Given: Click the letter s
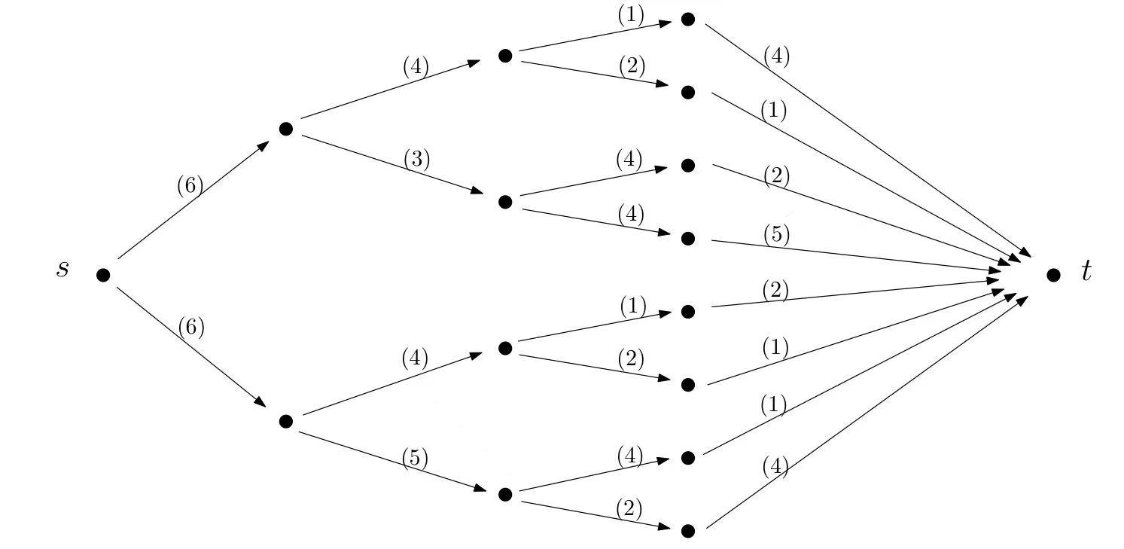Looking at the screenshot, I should tap(62, 269).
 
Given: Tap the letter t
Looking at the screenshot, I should tap(1086, 270).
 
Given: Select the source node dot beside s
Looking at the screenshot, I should tap(103, 275).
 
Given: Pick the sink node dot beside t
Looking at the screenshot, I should tap(1053, 275).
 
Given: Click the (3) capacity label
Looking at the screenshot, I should tap(416, 160).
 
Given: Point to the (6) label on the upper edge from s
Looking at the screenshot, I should tap(190, 185).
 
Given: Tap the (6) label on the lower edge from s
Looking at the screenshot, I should tap(191, 327).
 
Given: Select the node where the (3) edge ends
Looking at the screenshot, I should tap(505, 202).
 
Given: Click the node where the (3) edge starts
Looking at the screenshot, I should tap(285, 129).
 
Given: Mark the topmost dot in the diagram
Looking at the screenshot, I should tap(687, 20).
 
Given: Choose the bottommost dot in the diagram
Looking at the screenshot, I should tap(687, 531).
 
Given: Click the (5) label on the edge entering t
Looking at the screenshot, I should tap(776, 235).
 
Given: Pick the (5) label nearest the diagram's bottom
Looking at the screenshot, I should tap(415, 458).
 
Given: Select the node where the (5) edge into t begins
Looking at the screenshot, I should tap(687, 239).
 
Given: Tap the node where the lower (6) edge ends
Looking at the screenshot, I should tap(285, 421).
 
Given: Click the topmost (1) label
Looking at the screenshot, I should tap(631, 16).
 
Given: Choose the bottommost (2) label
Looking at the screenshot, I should tap(629, 509).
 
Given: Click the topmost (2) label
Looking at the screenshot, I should tap(632, 66).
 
